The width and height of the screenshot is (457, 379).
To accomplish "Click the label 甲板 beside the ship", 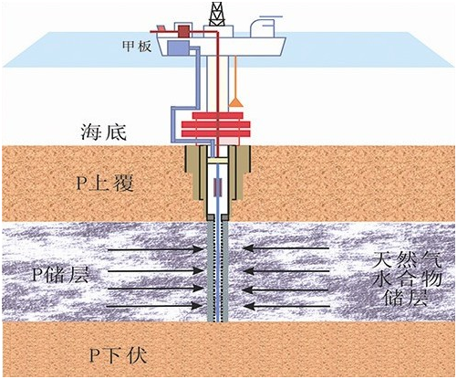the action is click(137, 47).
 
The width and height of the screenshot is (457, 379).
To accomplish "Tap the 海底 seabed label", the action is click(104, 132).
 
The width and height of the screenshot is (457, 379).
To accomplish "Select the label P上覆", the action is click(105, 183).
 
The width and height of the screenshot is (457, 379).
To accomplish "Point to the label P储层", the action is click(61, 275).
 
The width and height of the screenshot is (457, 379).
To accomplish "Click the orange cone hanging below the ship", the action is click(236, 103).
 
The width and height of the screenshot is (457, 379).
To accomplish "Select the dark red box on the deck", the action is click(183, 31).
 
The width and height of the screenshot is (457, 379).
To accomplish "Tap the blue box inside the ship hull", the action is click(178, 48).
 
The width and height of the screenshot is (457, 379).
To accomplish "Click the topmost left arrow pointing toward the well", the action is click(155, 249).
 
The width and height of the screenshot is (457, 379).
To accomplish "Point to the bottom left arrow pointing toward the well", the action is click(155, 306).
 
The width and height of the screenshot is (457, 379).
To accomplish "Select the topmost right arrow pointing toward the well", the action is click(286, 248).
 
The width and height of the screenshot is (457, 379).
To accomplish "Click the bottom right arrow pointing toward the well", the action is click(286, 306).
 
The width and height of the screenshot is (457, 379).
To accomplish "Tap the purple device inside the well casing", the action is click(218, 185).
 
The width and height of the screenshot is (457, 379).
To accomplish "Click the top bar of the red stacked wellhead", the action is click(218, 116).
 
